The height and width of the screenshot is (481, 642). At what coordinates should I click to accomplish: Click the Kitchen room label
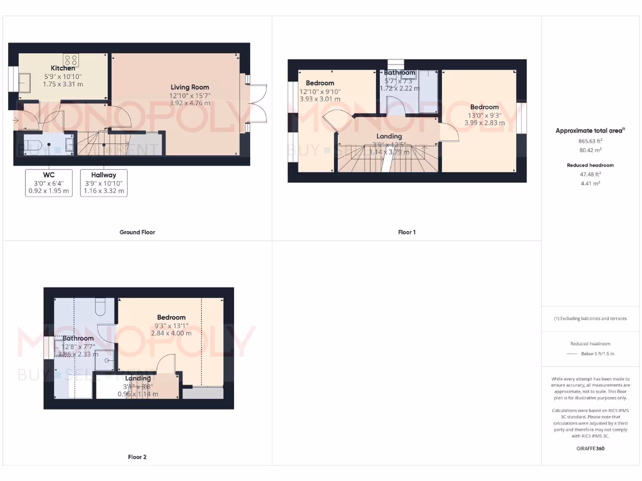63,68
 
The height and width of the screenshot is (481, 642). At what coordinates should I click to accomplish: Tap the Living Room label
190,87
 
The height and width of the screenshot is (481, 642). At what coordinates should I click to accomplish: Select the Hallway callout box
103,182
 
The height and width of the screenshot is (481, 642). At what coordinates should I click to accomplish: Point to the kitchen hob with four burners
70,60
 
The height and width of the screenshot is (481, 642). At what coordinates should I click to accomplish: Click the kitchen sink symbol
26,82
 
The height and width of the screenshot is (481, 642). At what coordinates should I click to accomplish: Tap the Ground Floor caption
137,232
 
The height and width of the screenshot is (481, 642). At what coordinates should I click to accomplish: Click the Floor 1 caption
407,232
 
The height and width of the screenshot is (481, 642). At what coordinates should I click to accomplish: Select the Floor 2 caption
137,457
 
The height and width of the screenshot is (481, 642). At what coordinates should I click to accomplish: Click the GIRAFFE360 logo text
590,448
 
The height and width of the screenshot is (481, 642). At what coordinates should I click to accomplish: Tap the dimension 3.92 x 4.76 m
190,103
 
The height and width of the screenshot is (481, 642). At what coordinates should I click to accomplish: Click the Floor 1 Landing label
389,137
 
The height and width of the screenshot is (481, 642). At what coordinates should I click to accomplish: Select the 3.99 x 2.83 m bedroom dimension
485,123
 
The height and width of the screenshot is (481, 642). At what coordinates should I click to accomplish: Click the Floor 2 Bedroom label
171,318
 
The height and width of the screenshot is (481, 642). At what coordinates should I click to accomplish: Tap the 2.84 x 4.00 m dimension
171,333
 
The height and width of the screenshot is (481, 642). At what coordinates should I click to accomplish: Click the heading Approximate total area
589,131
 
